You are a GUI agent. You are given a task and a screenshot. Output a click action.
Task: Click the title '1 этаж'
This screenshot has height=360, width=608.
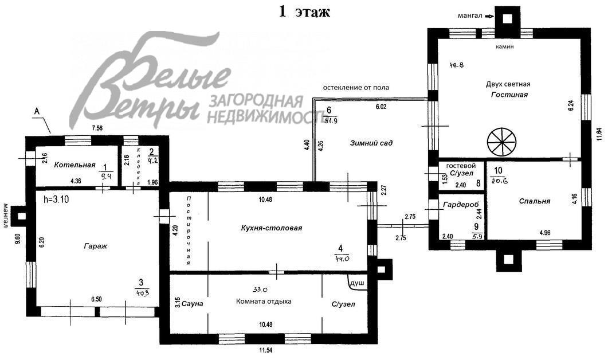pos(304,11)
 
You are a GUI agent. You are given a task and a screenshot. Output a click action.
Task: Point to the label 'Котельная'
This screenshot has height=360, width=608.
pos(74,165)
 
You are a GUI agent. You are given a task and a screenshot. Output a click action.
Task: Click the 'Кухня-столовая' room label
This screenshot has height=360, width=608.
pos(272,228)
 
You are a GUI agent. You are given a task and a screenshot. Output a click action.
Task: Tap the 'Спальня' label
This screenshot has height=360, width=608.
pos(534,201)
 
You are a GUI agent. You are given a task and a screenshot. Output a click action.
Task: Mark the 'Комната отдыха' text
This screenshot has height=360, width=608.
pos(264,302)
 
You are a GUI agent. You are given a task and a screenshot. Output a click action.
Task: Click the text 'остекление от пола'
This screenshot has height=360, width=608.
pos(356,88)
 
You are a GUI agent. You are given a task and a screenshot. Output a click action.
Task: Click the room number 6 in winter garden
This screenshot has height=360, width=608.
pos(329,110)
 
